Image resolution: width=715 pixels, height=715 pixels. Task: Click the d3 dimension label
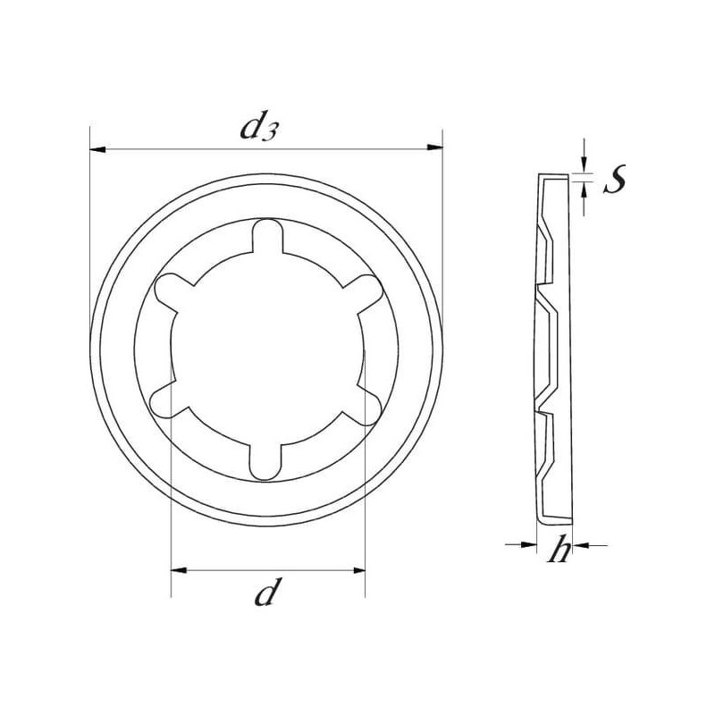[258, 127]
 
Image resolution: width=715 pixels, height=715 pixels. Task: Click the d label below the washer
[265, 591]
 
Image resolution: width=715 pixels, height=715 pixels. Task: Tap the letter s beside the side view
[615, 179]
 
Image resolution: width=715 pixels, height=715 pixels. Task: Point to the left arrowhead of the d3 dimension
[97, 149]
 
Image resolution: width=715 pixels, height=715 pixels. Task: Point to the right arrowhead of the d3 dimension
[434, 147]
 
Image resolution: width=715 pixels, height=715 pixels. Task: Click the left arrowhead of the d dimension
[179, 570]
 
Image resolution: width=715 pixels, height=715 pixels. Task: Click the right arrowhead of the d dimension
[357, 570]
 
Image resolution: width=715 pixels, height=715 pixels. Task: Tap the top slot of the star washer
[267, 236]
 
